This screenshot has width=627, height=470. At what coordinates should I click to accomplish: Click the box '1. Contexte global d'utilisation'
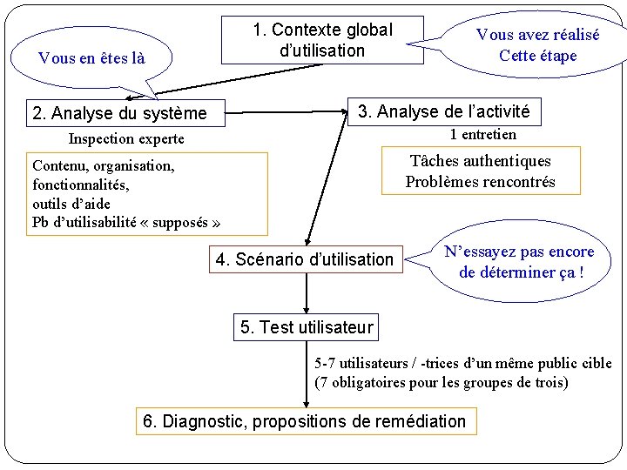(322, 40)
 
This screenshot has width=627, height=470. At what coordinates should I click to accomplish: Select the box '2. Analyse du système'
(119, 113)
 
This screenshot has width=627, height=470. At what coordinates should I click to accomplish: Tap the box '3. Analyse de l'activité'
(444, 111)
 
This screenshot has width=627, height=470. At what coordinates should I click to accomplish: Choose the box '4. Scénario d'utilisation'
(305, 258)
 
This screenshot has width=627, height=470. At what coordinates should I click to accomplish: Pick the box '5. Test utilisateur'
(306, 327)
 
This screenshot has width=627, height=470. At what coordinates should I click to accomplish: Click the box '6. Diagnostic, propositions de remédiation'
(305, 421)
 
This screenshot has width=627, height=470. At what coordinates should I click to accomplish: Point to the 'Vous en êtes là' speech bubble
(91, 58)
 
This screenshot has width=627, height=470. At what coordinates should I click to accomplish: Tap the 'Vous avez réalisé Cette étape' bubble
(536, 45)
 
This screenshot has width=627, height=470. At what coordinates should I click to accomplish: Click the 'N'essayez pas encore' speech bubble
(519, 262)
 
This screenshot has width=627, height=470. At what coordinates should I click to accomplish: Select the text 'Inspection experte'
(126, 139)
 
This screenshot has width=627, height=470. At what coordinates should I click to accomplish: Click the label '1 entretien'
(482, 134)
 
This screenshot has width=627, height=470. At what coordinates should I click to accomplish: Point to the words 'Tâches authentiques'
(480, 161)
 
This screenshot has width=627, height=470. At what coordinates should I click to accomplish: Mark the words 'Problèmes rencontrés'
(480, 182)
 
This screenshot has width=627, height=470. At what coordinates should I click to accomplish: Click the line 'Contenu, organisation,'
(103, 165)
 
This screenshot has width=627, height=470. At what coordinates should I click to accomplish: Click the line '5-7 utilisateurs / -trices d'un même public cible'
(462, 363)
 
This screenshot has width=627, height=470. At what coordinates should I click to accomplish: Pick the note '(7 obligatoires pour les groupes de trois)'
(441, 382)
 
